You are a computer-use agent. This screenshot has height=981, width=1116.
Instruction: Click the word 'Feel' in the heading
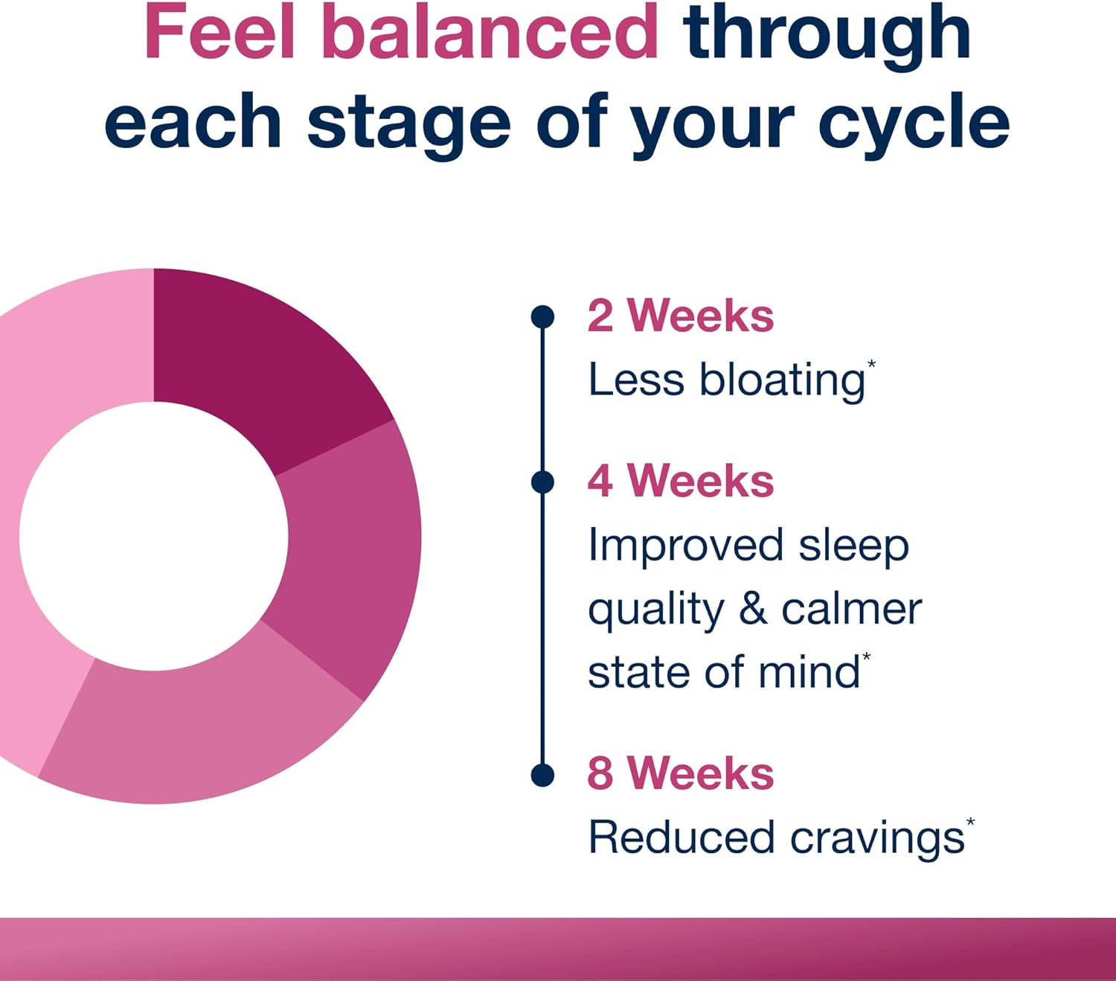click(219, 31)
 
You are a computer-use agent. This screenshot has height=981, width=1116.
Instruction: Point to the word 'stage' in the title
click(409, 127)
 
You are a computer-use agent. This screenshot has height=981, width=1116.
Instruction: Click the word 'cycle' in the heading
click(914, 126)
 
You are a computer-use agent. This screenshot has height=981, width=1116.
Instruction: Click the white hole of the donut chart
click(154, 536)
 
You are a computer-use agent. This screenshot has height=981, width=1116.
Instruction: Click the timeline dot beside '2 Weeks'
click(542, 317)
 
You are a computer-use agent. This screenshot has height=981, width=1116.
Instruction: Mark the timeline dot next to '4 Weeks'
click(542, 482)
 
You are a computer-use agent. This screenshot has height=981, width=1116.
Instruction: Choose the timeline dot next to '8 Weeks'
click(542, 775)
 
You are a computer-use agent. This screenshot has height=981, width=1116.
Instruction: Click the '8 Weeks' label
click(681, 773)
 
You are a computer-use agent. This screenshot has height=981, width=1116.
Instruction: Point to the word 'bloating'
click(782, 381)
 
